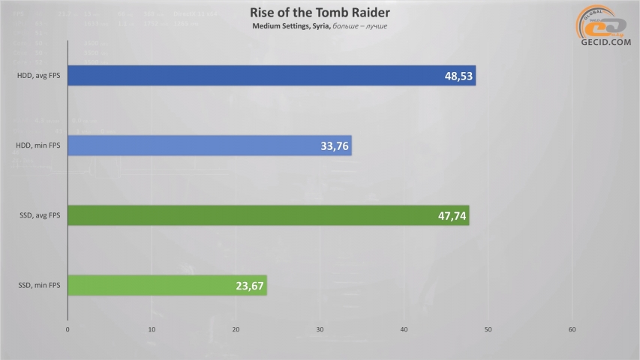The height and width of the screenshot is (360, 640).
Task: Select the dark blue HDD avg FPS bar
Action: [x=270, y=76]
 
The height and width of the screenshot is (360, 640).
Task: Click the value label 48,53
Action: [x=455, y=76]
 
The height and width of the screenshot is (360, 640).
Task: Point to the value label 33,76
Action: [x=332, y=145]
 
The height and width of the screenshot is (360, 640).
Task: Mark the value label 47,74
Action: [x=449, y=215]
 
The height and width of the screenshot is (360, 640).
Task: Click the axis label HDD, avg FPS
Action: [x=39, y=76]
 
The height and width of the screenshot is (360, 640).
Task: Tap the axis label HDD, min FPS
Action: [x=39, y=145]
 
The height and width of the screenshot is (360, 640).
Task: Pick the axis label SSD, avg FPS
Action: [x=40, y=215]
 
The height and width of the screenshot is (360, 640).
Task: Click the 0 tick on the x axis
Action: [x=68, y=329]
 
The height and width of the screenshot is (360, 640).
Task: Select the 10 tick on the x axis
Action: [x=152, y=329]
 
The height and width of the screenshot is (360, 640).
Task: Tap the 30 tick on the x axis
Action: [x=320, y=329]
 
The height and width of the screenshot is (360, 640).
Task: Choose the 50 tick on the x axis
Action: [x=488, y=329]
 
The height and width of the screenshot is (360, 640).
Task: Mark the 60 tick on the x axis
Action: [x=572, y=329]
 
